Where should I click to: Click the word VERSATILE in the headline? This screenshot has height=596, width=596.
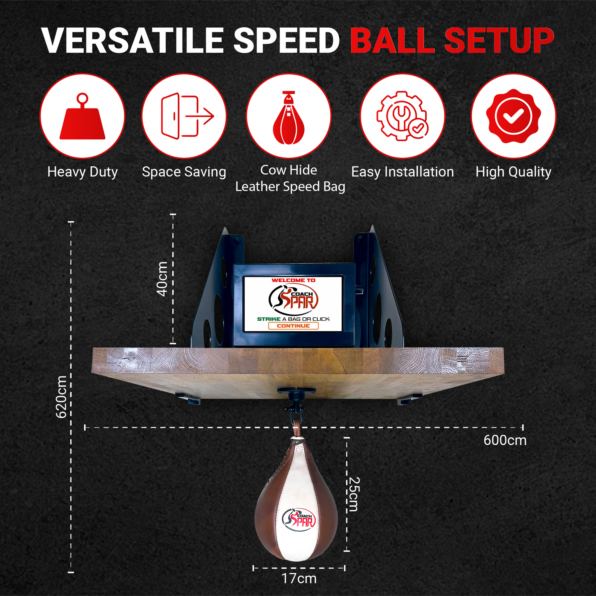[132, 40]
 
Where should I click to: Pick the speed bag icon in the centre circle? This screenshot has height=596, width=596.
[289, 118]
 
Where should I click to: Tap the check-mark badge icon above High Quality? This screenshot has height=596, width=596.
[513, 116]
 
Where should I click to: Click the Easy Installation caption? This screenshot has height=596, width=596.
[402, 172]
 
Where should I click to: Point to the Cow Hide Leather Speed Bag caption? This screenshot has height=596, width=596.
[290, 178]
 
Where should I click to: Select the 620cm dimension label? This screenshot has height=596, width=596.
[61, 397]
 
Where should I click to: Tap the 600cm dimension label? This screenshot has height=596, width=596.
[505, 440]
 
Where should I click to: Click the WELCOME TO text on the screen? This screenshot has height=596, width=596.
[293, 280]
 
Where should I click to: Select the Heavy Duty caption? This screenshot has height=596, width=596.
[83, 172]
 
